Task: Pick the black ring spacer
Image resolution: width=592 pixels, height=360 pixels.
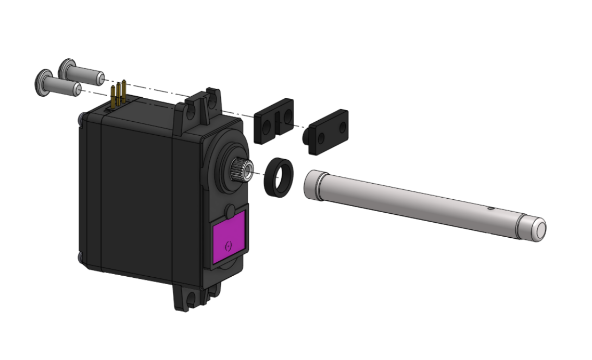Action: [278, 178]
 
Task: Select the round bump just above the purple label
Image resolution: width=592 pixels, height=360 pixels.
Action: [230, 211]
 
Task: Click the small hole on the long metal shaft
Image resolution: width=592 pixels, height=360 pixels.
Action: [490, 209]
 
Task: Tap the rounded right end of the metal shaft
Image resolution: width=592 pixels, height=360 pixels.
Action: [537, 229]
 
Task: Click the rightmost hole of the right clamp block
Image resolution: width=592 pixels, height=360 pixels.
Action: [342, 127]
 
